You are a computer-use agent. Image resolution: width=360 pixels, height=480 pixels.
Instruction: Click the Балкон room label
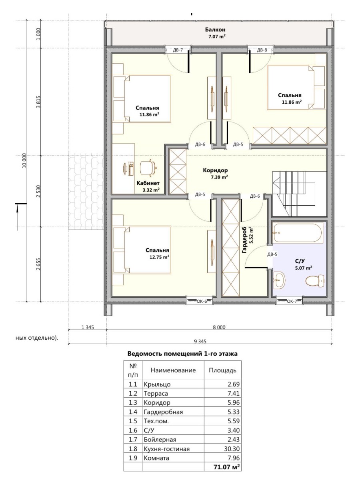point(215,30)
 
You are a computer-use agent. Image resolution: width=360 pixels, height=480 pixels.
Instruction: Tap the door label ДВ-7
point(178,50)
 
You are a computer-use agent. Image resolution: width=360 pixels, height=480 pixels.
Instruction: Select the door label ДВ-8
point(262,50)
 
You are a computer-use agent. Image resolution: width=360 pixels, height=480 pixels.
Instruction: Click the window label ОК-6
point(202,301)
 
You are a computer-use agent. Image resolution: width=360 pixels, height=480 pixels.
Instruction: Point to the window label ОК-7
point(292,301)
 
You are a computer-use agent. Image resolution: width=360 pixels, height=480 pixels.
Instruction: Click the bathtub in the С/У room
point(298,232)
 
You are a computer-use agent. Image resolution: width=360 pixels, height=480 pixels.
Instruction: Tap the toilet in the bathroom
point(315,281)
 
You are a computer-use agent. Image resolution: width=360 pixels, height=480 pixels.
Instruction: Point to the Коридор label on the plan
point(215,170)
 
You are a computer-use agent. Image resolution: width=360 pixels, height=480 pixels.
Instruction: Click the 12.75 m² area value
point(159,257)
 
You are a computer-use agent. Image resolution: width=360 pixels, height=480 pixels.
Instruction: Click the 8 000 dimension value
point(219,327)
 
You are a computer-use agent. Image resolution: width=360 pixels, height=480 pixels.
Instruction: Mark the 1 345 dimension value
point(88,327)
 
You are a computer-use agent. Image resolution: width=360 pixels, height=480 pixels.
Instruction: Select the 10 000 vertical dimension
point(24,161)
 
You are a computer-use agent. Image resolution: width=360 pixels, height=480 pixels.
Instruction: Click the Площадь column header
point(222,370)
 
